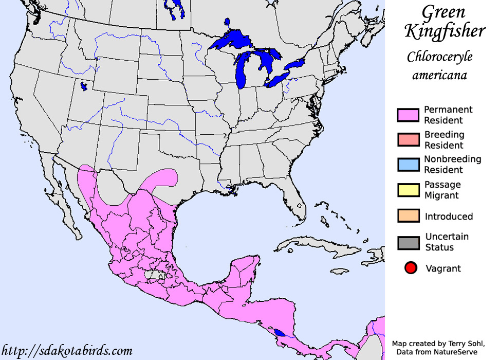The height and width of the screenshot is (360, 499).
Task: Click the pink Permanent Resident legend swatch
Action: [409, 115]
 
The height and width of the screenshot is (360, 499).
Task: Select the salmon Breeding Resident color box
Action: [409, 140]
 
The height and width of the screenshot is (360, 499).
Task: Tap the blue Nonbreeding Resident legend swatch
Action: [409, 165]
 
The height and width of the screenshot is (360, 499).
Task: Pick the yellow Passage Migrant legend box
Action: [409, 190]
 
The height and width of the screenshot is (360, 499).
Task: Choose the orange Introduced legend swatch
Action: [409, 216]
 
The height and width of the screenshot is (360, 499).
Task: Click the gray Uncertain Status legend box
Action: [409, 242]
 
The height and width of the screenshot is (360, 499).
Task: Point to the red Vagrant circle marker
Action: [411, 268]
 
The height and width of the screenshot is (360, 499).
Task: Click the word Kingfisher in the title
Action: [445, 31]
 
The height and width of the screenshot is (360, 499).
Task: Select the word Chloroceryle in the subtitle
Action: [439, 57]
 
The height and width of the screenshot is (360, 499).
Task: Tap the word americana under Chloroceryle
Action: [439, 75]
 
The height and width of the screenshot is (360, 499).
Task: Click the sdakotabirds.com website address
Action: [66, 351]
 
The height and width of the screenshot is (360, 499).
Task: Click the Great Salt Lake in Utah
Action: [84, 86]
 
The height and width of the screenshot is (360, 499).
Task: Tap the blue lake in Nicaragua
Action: [279, 332]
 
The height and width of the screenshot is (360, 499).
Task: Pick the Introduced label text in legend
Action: [449, 217]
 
